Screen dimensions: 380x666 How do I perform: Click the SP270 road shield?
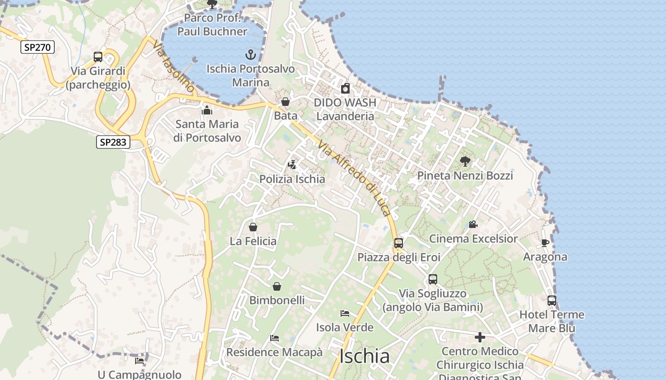(38, 47)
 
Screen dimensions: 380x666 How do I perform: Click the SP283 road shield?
(113, 142)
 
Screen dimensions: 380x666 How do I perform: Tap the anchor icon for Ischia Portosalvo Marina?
(250, 55)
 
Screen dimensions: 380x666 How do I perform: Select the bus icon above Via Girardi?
(98, 57)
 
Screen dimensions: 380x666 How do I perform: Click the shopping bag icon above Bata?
(285, 102)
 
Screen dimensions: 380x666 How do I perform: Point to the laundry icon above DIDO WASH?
(345, 88)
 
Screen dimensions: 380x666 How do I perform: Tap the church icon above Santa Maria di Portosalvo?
(207, 110)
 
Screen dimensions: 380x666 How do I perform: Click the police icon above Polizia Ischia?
(292, 165)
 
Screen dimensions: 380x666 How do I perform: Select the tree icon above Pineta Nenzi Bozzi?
(465, 161)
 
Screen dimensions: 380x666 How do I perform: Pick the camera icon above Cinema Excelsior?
(473, 224)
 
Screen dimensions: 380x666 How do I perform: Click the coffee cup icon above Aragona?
(545, 243)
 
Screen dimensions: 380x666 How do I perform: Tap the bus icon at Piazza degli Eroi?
(399, 243)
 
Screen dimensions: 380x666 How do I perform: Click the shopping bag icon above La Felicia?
(253, 227)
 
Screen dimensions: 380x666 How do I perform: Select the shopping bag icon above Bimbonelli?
(277, 286)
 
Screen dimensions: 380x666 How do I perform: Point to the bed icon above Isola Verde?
(345, 313)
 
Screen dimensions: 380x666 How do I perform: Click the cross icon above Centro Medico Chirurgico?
(480, 337)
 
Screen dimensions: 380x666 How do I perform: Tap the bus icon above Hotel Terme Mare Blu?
(552, 301)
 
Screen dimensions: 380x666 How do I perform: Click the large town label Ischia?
(365, 356)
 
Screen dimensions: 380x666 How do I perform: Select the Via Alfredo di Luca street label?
(354, 179)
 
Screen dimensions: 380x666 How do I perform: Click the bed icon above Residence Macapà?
(274, 338)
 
